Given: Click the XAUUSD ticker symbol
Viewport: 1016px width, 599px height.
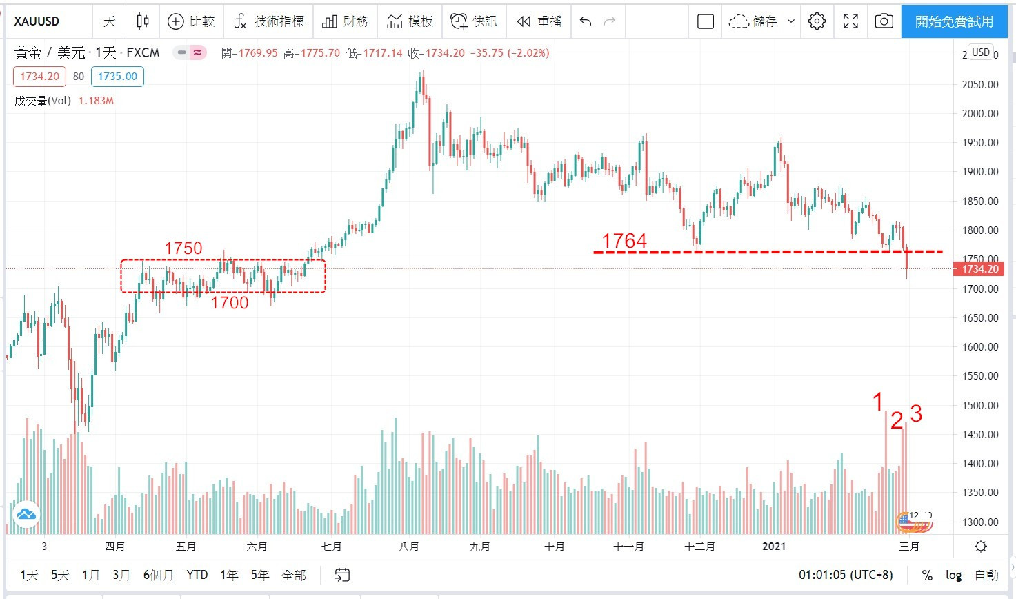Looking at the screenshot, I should [x=37, y=21].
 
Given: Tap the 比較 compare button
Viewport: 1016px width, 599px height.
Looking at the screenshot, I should [x=192, y=21].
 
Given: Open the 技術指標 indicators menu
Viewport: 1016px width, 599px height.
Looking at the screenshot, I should [x=268, y=21].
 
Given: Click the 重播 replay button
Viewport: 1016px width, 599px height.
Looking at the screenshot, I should [x=539, y=21].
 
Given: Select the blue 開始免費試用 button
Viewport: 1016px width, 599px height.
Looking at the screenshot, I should [x=954, y=21].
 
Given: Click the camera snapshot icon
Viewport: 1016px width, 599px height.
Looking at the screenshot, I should [x=884, y=21].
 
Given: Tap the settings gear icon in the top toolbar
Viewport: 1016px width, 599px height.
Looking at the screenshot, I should [x=817, y=21].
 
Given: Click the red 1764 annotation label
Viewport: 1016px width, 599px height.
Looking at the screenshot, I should [x=624, y=241].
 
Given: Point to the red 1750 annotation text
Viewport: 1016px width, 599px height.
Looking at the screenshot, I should [x=183, y=248].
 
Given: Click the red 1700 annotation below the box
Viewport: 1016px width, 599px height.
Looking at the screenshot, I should [x=230, y=303].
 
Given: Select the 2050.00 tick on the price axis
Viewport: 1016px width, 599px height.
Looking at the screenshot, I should [x=980, y=85].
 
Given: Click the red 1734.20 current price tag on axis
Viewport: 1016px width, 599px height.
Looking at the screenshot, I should [x=979, y=269].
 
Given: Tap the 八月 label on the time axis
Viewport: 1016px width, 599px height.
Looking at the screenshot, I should [x=409, y=547].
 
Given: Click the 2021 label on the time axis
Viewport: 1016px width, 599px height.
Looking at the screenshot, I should [x=774, y=547].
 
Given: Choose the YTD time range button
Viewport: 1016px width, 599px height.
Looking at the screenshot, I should [x=197, y=575].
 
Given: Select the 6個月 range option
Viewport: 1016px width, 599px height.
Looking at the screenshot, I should [x=158, y=575].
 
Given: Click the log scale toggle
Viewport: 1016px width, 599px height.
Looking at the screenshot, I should [x=953, y=575].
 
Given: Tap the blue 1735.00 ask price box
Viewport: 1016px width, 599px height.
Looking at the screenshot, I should [x=117, y=77].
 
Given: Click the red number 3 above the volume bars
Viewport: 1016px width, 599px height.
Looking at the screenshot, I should [x=916, y=414].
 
